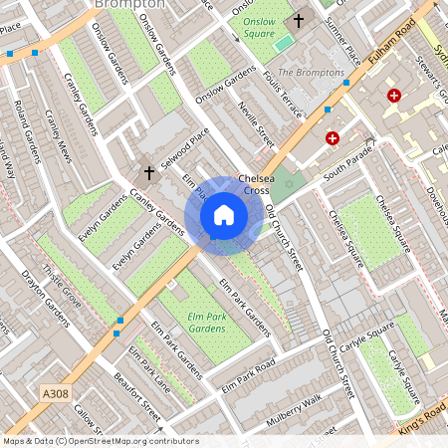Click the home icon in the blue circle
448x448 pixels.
[224, 214]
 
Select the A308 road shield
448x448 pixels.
[57, 395]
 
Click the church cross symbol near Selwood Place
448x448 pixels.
[149, 173]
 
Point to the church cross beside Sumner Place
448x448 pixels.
[299, 21]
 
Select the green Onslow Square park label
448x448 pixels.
[260, 27]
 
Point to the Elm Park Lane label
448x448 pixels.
[149, 367]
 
